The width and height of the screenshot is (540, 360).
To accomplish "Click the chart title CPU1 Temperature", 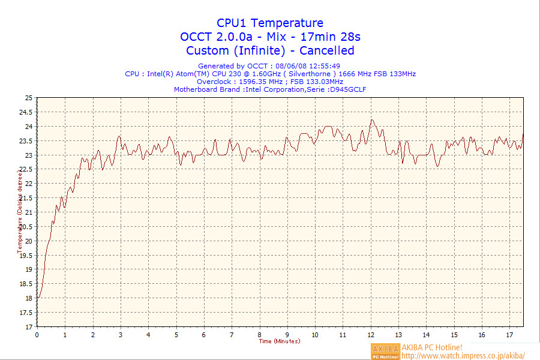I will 270,23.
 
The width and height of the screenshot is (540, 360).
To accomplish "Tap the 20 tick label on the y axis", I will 29,241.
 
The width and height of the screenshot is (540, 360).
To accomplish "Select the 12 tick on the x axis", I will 371,335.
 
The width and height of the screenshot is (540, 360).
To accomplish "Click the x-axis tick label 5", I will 176,335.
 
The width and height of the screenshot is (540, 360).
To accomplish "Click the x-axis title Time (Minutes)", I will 280,341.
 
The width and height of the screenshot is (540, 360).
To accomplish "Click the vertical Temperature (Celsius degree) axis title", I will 20,210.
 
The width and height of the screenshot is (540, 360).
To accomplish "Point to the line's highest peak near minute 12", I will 372,119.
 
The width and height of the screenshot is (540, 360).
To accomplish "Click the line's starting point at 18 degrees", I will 38,298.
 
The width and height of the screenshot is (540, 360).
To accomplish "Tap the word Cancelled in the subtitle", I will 327,50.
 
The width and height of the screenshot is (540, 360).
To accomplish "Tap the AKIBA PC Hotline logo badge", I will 385,351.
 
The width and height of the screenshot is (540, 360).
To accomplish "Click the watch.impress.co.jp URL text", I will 463,355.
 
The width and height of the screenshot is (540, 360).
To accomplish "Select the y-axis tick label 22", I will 29,184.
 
